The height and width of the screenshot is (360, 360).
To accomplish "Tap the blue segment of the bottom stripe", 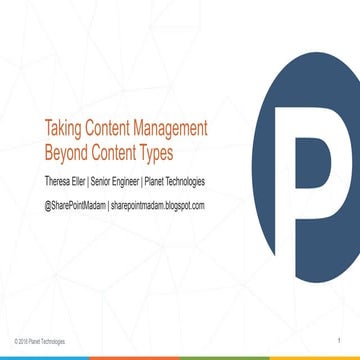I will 45,357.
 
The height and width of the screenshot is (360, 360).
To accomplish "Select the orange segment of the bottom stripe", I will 135,357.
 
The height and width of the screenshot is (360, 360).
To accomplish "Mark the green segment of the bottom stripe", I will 225,357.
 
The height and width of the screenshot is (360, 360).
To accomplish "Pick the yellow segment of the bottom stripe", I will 315,357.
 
